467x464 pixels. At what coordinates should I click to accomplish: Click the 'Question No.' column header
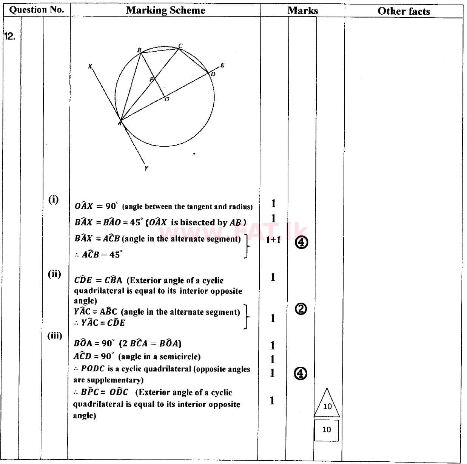tap(37, 10)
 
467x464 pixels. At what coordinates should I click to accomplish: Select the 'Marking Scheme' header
tap(165, 10)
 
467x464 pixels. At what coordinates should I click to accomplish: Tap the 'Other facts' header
tap(404, 11)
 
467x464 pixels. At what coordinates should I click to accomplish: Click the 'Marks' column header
tap(302, 11)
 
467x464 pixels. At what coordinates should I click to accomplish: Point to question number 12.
tap(9, 36)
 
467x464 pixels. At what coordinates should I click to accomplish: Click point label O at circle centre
tap(166, 99)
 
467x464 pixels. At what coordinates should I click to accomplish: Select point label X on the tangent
tap(90, 66)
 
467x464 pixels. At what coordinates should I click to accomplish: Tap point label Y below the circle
tap(146, 168)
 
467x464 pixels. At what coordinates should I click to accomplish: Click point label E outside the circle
tap(222, 65)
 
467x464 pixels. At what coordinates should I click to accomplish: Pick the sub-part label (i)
tap(54, 199)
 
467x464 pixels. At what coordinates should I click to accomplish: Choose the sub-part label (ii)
tap(54, 274)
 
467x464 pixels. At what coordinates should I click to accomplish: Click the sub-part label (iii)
tap(54, 335)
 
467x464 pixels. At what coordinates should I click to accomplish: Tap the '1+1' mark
tap(273, 240)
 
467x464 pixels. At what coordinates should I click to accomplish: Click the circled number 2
tap(301, 309)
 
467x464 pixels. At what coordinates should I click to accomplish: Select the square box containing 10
tap(326, 429)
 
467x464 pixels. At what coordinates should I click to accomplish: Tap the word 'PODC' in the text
tap(92, 369)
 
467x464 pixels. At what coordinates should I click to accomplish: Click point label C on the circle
tap(180, 46)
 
